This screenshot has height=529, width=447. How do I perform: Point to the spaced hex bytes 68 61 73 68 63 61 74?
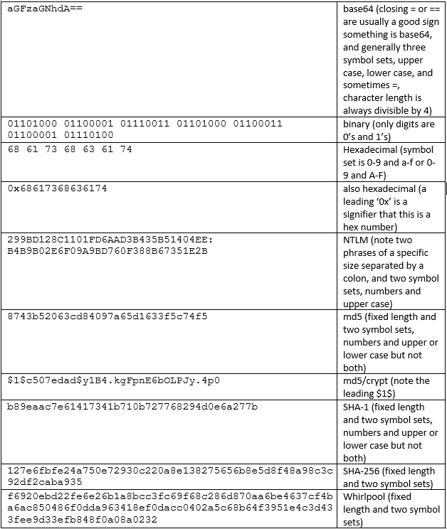click(69, 149)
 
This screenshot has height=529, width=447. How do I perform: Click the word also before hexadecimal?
click(353, 188)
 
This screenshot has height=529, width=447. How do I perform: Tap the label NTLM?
click(356, 240)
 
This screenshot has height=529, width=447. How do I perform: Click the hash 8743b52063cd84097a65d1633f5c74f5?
click(107, 316)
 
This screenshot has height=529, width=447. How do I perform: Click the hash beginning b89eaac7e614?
click(132, 407)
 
